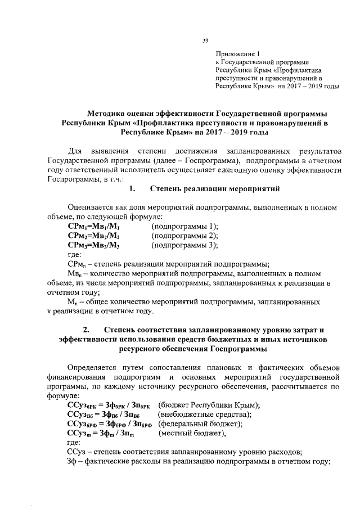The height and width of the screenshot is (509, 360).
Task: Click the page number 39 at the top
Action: [205, 40]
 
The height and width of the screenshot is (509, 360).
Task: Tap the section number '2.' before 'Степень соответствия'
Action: [86, 329]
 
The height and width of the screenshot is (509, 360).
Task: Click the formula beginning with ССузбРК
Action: [109, 405]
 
